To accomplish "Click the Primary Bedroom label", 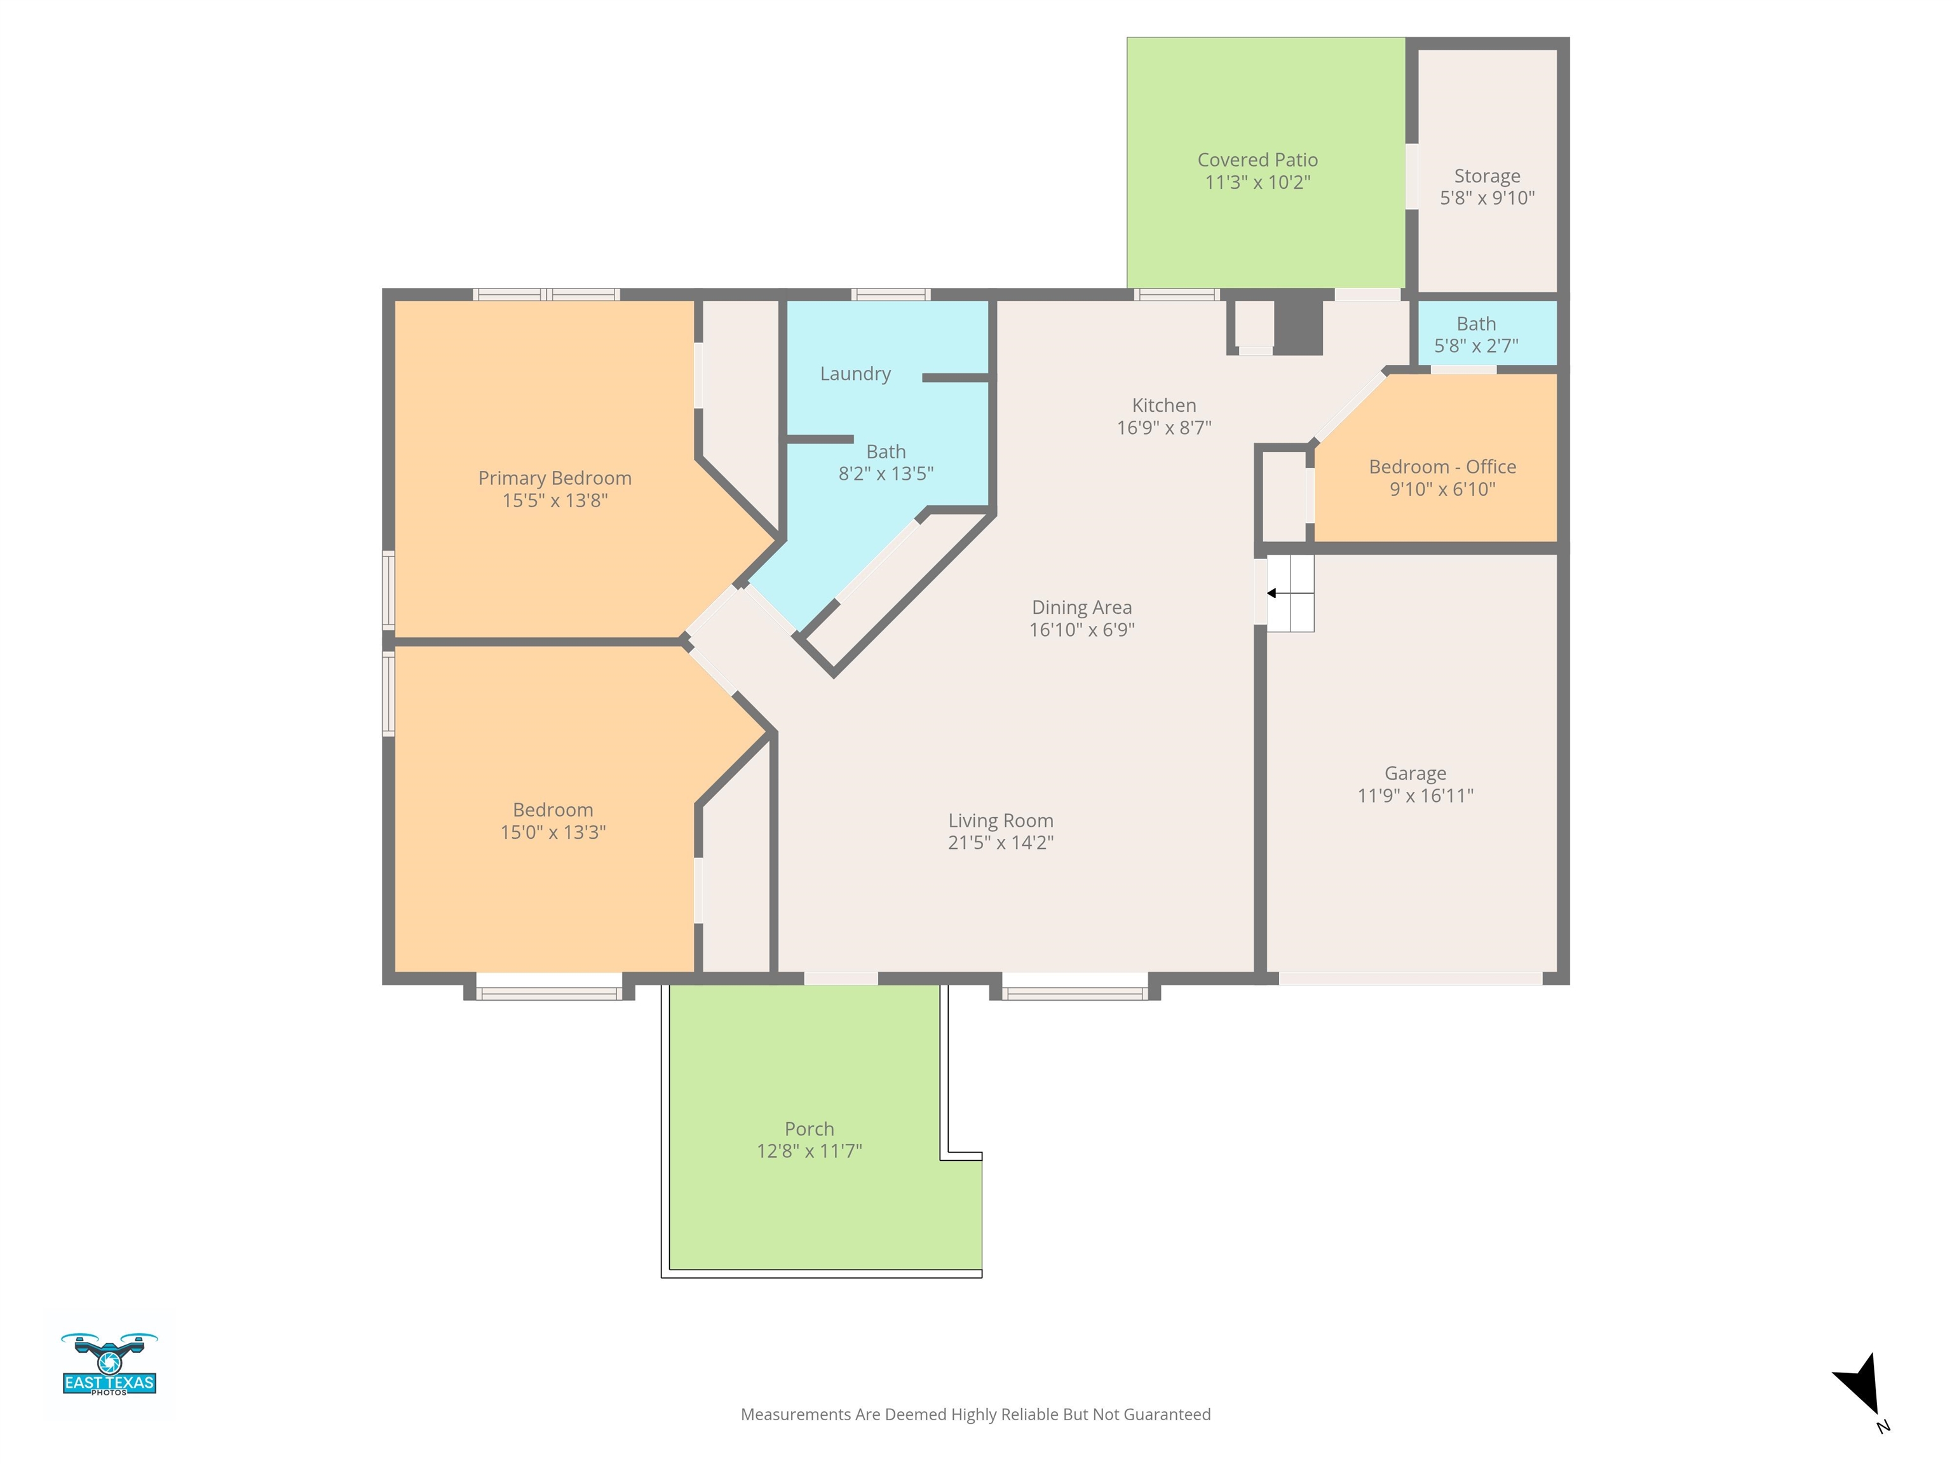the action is click(554, 478).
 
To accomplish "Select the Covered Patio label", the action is click(1257, 159).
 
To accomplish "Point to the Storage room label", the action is click(1487, 175).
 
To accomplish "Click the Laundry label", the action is click(855, 373).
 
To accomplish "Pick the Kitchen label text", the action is click(1164, 405).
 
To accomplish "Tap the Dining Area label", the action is click(1082, 607).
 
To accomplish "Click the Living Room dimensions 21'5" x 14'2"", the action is click(1001, 843).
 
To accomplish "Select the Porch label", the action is click(810, 1128).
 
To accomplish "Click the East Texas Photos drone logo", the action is click(109, 1364).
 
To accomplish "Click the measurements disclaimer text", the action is click(975, 1414).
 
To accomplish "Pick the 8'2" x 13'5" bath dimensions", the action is click(885, 474).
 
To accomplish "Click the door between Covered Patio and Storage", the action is click(1412, 177).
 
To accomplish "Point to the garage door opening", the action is click(1410, 979).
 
